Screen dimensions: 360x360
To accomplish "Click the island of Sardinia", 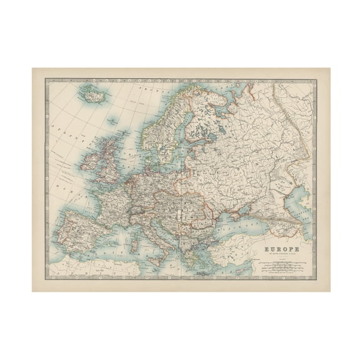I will (132, 232).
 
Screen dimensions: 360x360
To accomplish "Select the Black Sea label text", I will (237, 224).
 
